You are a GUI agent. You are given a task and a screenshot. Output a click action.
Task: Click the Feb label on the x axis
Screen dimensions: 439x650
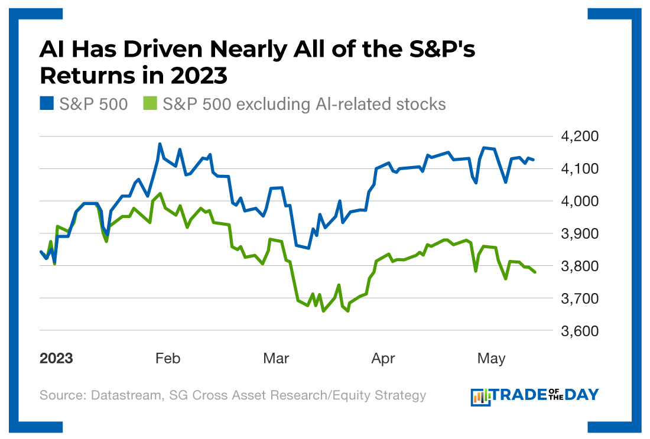pyautogui.click(x=168, y=359)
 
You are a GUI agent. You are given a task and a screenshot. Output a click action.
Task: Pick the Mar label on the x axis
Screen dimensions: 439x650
pyautogui.click(x=277, y=359)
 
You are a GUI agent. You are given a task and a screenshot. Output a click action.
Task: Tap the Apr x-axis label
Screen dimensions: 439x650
pyautogui.click(x=383, y=359)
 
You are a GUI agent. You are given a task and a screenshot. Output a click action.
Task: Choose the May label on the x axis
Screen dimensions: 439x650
pyautogui.click(x=491, y=359)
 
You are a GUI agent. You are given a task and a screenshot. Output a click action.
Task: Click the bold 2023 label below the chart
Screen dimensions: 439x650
pyautogui.click(x=57, y=359)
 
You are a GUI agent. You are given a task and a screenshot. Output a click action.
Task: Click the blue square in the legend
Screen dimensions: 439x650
pyautogui.click(x=47, y=105)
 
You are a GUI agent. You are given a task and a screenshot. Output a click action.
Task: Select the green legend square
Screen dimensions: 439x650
pyautogui.click(x=150, y=105)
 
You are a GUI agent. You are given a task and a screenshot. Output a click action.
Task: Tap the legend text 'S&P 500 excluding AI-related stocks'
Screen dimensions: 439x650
pyautogui.click(x=304, y=105)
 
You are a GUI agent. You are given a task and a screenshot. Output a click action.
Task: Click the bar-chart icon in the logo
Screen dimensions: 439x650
pyautogui.click(x=481, y=396)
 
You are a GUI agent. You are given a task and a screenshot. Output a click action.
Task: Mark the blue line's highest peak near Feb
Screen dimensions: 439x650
pyautogui.click(x=160, y=144)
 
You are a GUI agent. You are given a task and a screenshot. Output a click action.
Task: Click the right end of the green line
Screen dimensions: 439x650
pyautogui.click(x=535, y=272)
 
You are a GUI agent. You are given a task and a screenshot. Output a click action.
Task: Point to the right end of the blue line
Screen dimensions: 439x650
pyautogui.click(x=534, y=160)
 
